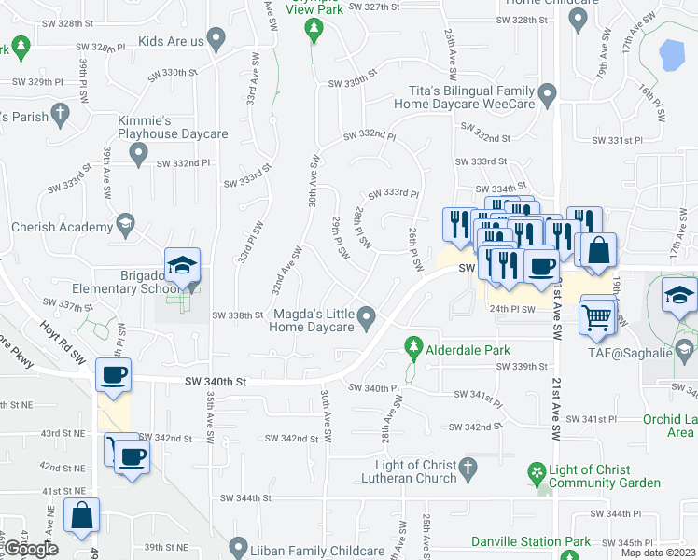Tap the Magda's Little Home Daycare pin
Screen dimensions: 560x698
[369, 320]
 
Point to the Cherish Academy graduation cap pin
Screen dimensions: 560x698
[125, 225]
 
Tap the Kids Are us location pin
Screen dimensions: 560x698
[216, 41]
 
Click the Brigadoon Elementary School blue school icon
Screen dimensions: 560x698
[183, 266]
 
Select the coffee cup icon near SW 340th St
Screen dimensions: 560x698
[114, 375]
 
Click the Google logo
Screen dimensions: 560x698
[31, 548]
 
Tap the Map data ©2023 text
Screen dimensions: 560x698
[660, 553]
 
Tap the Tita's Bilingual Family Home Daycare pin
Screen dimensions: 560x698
[548, 93]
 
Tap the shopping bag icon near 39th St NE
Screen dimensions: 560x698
[81, 514]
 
